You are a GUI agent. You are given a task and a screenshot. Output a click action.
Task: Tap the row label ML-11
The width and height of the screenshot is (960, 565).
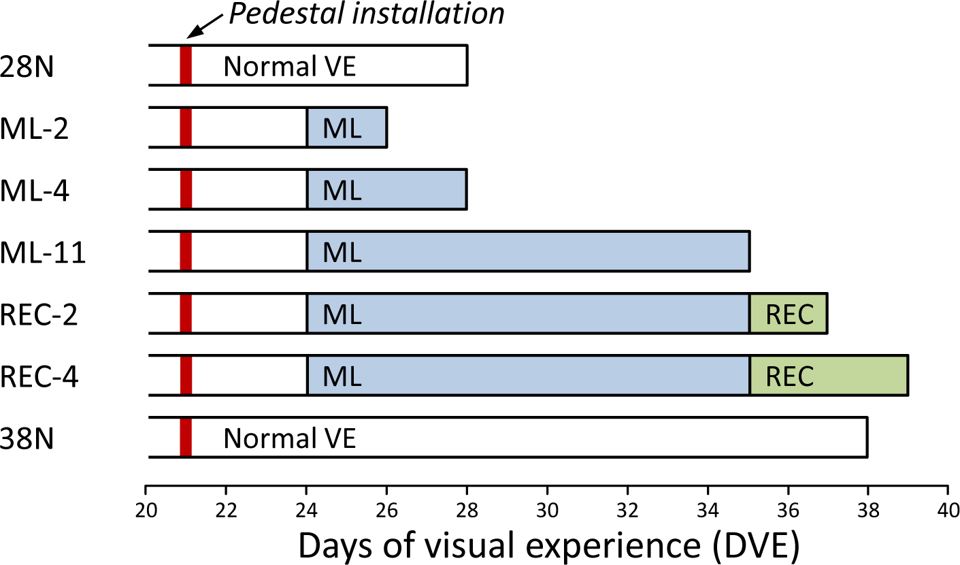[42, 253]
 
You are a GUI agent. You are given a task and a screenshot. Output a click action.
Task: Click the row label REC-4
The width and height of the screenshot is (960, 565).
[39, 376]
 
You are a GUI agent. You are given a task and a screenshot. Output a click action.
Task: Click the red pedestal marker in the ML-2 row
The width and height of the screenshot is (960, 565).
[186, 127]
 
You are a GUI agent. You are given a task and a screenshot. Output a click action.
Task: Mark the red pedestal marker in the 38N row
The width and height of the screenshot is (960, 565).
[186, 437]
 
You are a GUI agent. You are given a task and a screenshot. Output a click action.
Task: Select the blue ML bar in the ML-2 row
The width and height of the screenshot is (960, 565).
[346, 127]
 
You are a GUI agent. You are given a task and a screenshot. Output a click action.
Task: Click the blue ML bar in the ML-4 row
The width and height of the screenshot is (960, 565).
[386, 189]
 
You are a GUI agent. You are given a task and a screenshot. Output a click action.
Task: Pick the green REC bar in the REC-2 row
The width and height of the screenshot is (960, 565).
[789, 314]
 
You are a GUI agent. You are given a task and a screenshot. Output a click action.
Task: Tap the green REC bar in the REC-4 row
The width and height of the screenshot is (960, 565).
[829, 376]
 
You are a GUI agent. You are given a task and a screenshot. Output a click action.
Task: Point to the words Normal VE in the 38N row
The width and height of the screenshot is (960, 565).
[290, 438]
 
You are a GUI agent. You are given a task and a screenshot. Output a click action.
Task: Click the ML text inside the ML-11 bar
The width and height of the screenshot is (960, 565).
[342, 253]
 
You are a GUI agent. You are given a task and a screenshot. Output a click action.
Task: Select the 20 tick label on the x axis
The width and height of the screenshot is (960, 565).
[146, 508]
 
